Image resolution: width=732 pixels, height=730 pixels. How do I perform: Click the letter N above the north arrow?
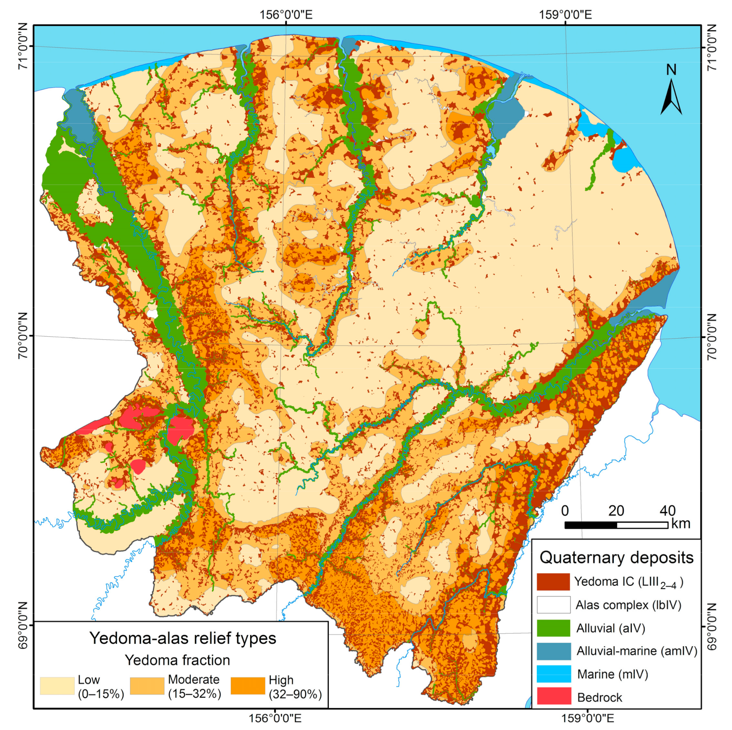(671, 70)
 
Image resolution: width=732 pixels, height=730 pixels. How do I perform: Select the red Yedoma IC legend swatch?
(553, 582)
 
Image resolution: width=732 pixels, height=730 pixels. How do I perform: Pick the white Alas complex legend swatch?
(553, 605)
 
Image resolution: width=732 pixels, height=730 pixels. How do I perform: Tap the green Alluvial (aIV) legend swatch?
(553, 628)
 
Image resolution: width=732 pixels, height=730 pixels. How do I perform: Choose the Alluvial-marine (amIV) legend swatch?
(553, 651)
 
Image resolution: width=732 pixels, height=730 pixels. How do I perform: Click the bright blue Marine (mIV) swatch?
(553, 674)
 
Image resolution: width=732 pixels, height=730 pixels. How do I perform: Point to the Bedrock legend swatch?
(553, 697)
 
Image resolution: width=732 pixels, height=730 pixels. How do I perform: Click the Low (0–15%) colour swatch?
(57, 686)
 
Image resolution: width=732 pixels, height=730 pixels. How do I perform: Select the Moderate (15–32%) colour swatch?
(147, 686)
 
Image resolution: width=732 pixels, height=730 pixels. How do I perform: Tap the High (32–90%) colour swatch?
(248, 686)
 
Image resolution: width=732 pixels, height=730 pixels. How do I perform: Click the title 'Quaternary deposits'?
(616, 557)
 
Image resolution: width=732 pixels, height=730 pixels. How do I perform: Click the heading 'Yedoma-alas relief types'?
(183, 638)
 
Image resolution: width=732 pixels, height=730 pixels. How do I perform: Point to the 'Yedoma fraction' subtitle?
(177, 660)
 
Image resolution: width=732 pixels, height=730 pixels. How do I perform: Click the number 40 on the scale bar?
(667, 511)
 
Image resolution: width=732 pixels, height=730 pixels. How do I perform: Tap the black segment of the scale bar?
(591, 525)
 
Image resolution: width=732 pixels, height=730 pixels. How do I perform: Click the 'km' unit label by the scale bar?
(681, 523)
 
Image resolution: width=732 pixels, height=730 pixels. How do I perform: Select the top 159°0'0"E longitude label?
(565, 15)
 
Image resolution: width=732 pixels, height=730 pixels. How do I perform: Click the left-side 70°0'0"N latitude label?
(23, 335)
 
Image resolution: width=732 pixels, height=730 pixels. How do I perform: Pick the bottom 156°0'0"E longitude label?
(275, 718)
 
